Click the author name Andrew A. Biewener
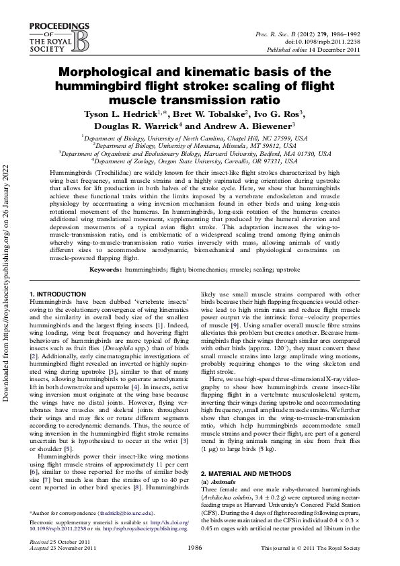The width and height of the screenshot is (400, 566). tap(257, 125)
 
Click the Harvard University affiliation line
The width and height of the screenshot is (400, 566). tap(200, 153)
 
